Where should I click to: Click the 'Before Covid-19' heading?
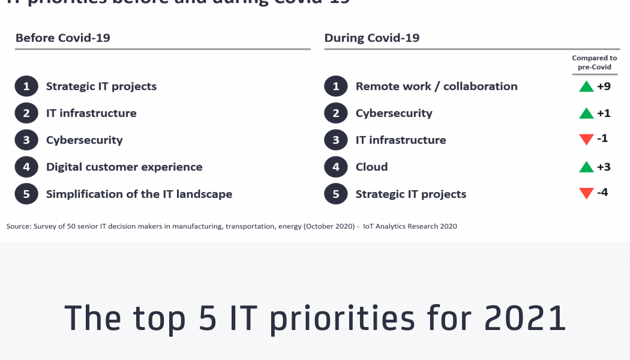[x=63, y=38]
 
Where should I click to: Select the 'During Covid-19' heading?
[x=372, y=38]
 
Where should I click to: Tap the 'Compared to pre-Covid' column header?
[x=594, y=62]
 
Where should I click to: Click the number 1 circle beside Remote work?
[x=335, y=86]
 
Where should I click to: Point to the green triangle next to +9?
[x=586, y=86]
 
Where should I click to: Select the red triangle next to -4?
[x=586, y=194]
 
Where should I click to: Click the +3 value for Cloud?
[x=604, y=167]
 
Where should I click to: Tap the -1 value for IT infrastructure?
[x=602, y=139]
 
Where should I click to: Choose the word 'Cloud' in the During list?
[x=371, y=167]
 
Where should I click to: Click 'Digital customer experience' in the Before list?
[x=124, y=167]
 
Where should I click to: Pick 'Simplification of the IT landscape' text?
[x=139, y=194]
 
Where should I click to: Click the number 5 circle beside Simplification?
[x=26, y=194]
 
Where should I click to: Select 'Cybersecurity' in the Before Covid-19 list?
[x=85, y=140]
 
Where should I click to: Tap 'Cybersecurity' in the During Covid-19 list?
[x=394, y=113]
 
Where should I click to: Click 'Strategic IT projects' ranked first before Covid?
[x=101, y=86]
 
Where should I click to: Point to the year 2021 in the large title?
[x=525, y=318]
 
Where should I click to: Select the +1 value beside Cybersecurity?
[x=604, y=113]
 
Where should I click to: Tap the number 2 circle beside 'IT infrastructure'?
[x=26, y=113]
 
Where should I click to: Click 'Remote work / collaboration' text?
[x=436, y=86]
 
